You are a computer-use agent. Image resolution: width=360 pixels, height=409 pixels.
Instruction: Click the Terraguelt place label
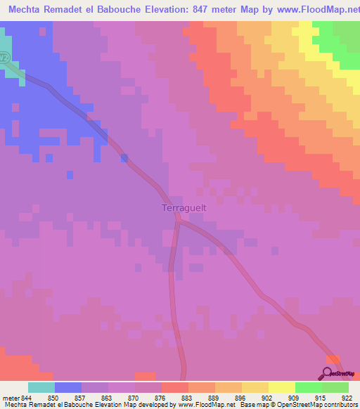click(184, 208)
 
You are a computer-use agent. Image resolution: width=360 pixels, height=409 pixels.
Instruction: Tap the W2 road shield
click(4, 58)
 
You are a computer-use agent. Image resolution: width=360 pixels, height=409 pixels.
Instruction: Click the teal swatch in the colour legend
click(41, 387)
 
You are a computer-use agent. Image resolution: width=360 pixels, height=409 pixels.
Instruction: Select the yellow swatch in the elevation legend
click(255, 387)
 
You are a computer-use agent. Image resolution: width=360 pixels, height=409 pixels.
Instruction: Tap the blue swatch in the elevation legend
click(68, 387)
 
